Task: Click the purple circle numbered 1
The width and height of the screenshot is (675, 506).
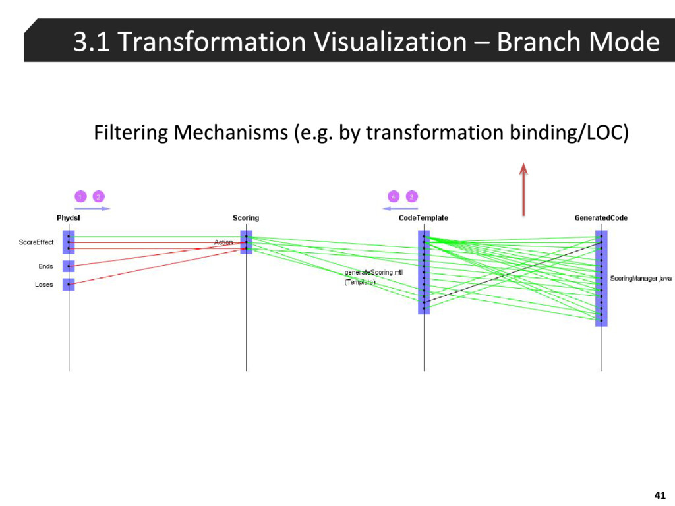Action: click(79, 196)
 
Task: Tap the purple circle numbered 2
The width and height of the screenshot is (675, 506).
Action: click(98, 196)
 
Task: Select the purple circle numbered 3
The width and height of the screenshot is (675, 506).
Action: click(411, 196)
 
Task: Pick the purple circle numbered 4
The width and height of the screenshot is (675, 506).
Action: click(393, 196)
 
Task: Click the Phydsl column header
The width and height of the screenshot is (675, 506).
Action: click(68, 218)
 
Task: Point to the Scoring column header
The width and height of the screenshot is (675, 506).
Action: click(246, 218)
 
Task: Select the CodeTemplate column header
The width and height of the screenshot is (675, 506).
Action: click(423, 218)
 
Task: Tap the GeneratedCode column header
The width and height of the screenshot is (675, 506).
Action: click(601, 218)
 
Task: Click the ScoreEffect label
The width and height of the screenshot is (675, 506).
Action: click(36, 242)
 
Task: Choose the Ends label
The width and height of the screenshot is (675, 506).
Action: click(45, 266)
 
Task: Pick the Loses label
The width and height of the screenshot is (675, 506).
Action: click(44, 285)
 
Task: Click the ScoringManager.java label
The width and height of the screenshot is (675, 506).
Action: click(640, 279)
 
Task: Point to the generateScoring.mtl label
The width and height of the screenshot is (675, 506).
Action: click(373, 272)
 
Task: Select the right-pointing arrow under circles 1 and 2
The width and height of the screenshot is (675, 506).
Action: click(92, 208)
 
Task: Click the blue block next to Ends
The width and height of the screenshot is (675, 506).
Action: click(69, 266)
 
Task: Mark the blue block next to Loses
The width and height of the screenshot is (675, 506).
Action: click(69, 284)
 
